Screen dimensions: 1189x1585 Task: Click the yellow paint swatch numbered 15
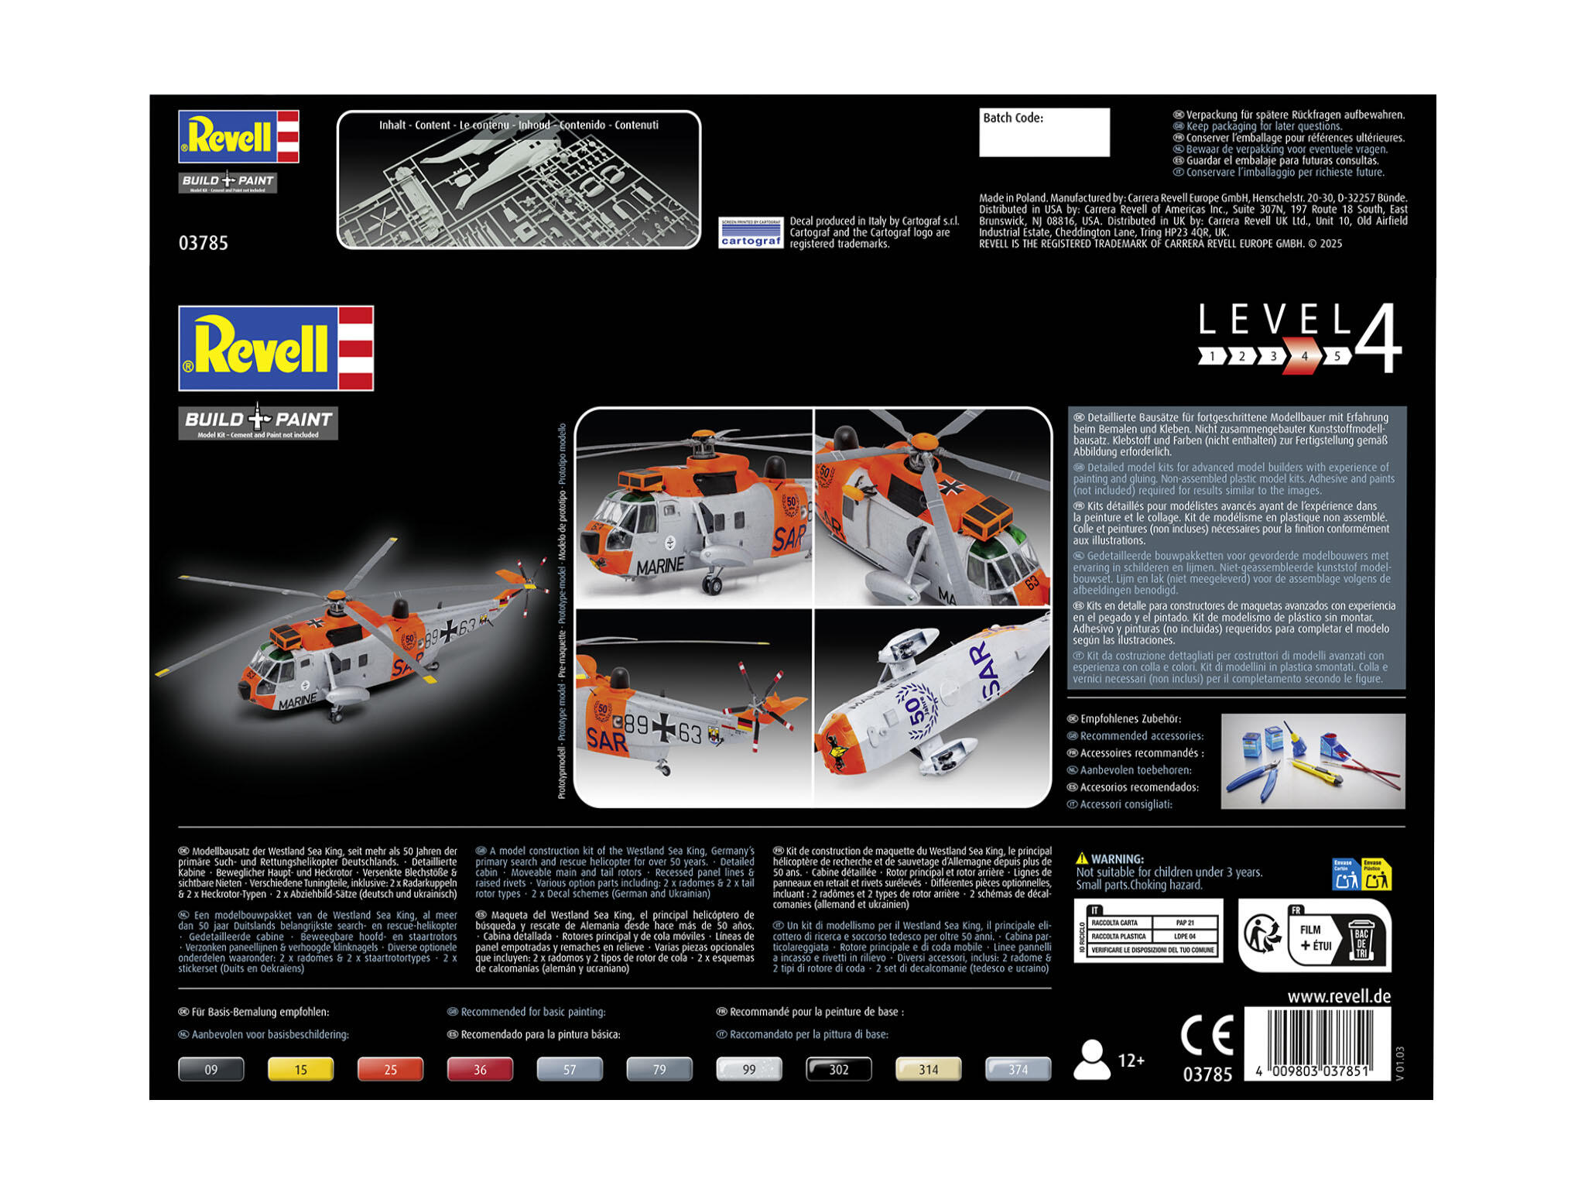[300, 1069]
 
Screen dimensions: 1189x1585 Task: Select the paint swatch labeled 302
[839, 1069]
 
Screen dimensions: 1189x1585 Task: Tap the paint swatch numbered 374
[1018, 1069]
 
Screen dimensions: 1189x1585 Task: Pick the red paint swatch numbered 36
[480, 1069]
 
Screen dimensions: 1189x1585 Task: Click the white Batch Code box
[1043, 132]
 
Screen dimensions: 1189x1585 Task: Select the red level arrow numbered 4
[1304, 356]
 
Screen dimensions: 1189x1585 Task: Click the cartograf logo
[750, 232]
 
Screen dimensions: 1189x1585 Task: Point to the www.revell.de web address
[1339, 996]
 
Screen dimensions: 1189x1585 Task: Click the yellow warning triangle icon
[1082, 858]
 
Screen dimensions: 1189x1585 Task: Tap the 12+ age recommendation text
[1131, 1060]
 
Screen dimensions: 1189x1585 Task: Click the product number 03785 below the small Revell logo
[204, 243]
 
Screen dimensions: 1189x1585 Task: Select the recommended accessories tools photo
[1313, 761]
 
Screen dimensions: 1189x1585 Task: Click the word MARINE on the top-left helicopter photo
[659, 566]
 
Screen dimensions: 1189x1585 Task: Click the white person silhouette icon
[1092, 1060]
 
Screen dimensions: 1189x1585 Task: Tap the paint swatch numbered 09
[211, 1069]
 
